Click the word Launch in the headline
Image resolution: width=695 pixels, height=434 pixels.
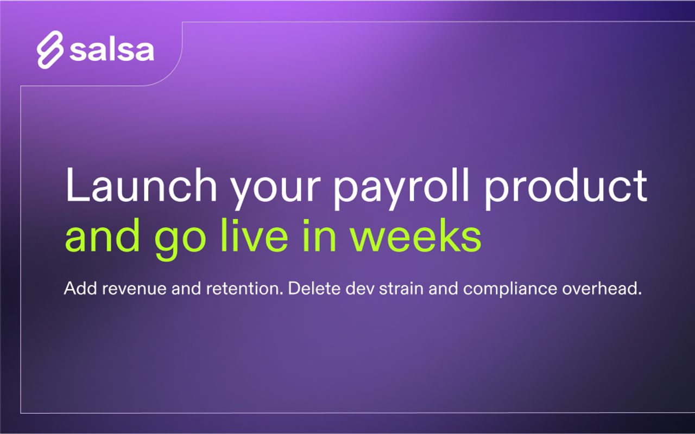[x=141, y=185]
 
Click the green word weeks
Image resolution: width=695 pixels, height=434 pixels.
[x=416, y=235]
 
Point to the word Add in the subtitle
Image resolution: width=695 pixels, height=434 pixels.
[x=80, y=289]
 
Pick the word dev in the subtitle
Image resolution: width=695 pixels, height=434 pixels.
[x=359, y=289]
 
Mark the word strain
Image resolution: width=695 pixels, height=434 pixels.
[x=401, y=289]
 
